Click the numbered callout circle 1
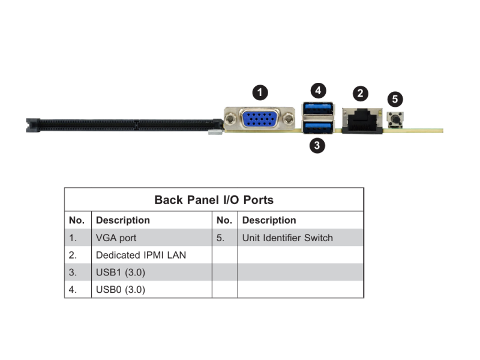pyautogui.click(x=260, y=92)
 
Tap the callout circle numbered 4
pyautogui.click(x=318, y=91)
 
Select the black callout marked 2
pyautogui.click(x=361, y=94)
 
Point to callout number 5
pyautogui.click(x=395, y=99)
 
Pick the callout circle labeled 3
pyautogui.click(x=317, y=145)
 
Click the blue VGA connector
pyautogui.click(x=260, y=119)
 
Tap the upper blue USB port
pyautogui.click(x=318, y=109)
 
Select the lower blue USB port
pyautogui.click(x=318, y=127)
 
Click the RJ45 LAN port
pyautogui.click(x=362, y=121)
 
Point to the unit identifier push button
pyautogui.click(x=395, y=119)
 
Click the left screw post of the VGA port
pyautogui.click(x=231, y=118)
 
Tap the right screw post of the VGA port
pyautogui.click(x=288, y=118)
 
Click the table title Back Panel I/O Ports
pyautogui.click(x=214, y=200)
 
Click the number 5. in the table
pyautogui.click(x=220, y=238)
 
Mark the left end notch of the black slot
pyautogui.click(x=33, y=125)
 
